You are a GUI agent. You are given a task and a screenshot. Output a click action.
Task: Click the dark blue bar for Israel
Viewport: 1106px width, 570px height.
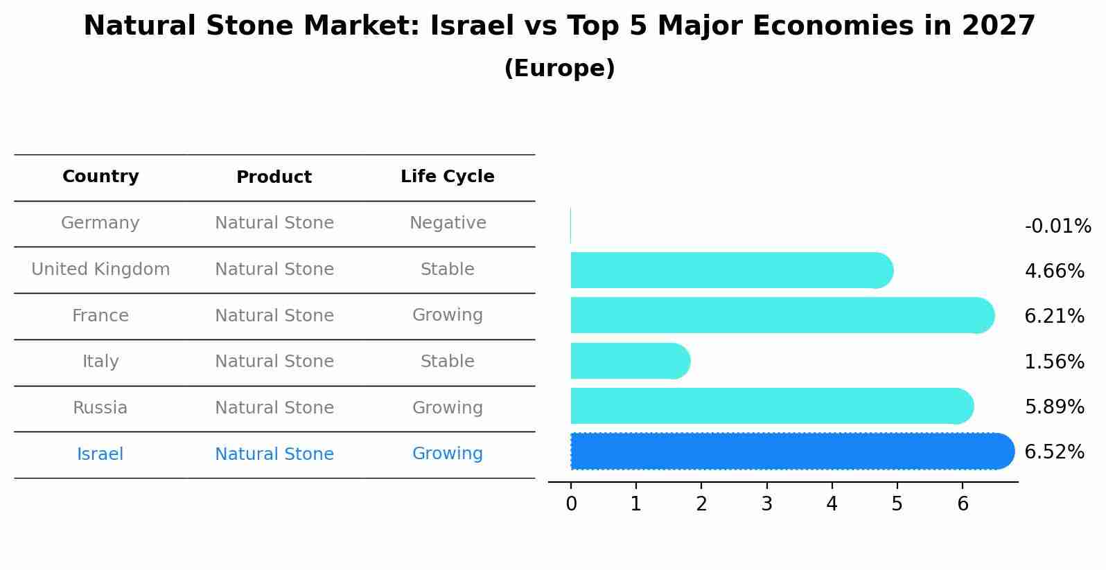point(790,452)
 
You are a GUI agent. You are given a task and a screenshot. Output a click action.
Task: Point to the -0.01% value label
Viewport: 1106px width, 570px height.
point(1057,226)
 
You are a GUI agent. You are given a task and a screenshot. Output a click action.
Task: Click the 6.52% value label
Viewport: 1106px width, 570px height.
point(1054,452)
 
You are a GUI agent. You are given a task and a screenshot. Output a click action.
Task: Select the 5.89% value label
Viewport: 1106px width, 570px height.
point(1054,407)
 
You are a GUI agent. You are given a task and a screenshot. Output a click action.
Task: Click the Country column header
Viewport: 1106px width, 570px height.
point(100,177)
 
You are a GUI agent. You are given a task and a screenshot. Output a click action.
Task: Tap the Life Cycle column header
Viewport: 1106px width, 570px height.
point(447,177)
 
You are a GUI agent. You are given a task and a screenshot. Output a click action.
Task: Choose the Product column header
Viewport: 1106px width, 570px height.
point(274,177)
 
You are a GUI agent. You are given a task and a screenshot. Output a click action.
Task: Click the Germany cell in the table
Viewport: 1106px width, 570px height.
point(100,223)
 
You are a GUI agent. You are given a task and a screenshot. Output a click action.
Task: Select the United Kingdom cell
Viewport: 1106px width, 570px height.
point(100,269)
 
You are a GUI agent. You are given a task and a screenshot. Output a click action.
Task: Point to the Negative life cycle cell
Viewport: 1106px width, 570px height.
point(448,223)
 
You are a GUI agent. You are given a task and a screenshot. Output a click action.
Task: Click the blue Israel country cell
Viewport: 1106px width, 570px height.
point(100,454)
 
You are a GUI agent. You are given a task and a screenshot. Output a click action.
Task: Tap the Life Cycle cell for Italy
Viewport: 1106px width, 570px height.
point(448,362)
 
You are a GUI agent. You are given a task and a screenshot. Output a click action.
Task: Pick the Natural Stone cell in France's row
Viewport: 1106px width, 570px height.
point(274,316)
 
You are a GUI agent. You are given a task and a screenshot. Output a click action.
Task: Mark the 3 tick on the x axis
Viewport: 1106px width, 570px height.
point(766,504)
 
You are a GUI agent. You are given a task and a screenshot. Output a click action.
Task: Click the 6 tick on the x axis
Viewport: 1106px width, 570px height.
point(963,504)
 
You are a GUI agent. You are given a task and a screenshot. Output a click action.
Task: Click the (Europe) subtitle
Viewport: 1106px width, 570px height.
point(559,69)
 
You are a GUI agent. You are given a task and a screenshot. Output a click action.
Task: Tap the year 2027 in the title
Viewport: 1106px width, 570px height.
point(998,26)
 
